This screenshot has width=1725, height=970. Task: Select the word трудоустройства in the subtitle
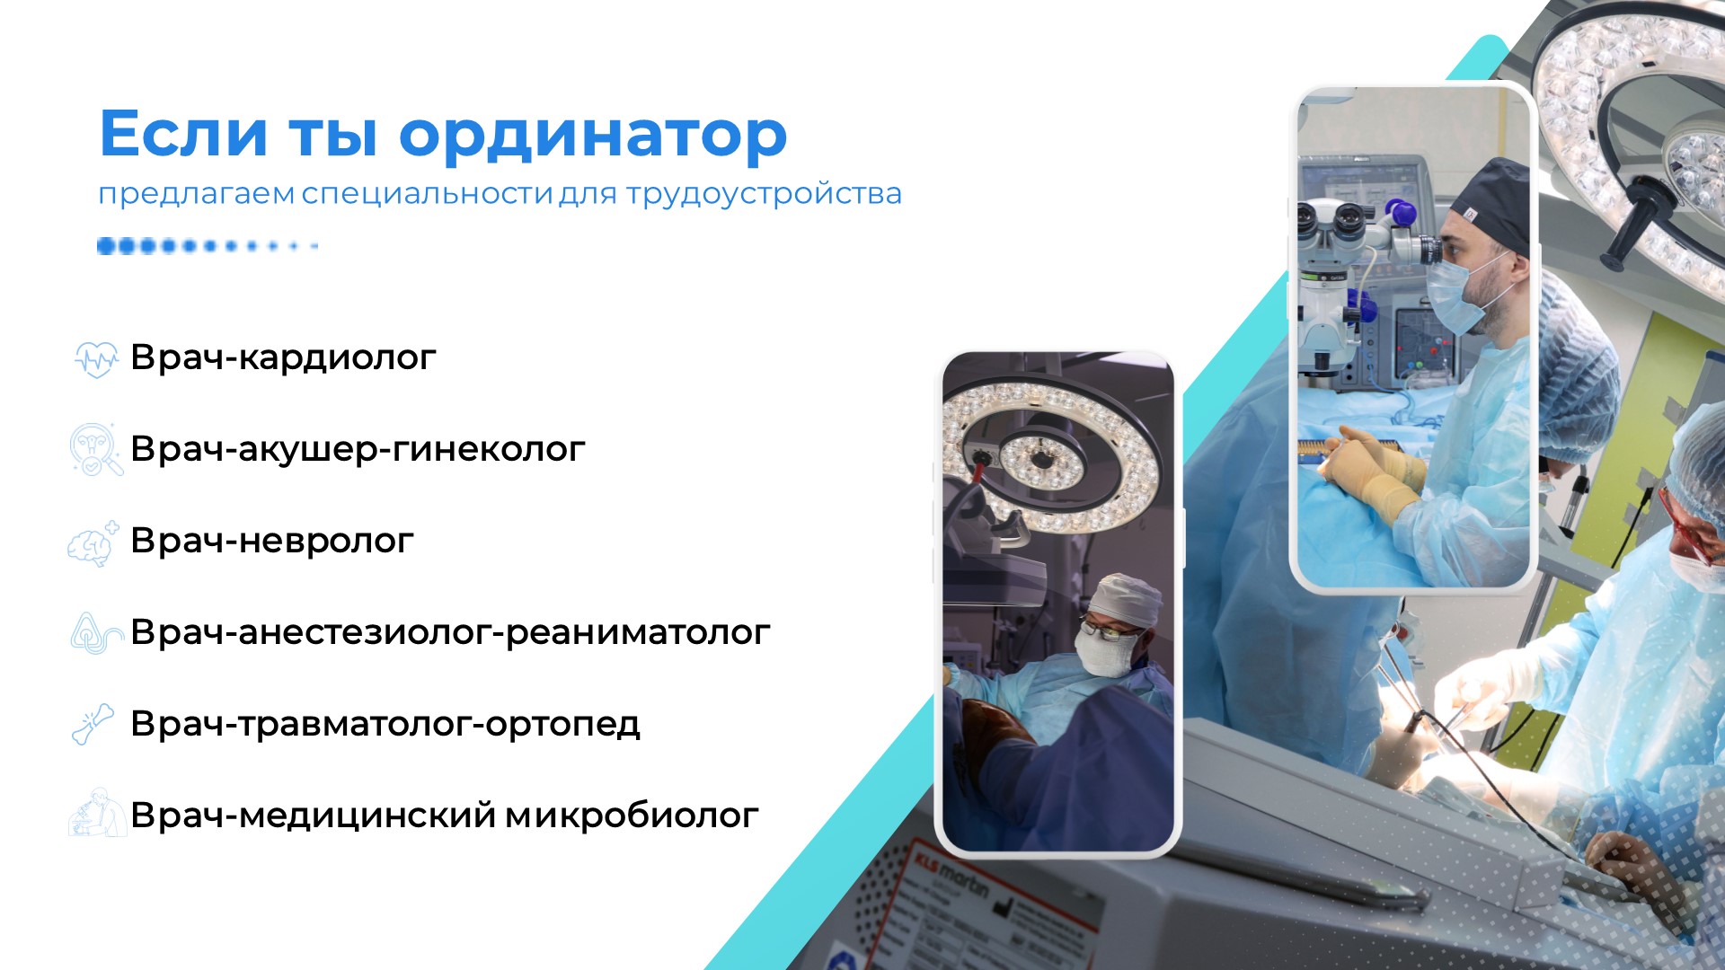764,195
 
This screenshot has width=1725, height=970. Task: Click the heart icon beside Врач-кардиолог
95,358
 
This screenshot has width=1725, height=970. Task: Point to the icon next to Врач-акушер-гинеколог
95,449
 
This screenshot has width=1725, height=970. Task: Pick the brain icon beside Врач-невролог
93,543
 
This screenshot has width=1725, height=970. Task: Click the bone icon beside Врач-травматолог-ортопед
93,724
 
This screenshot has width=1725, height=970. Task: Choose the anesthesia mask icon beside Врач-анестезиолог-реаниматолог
95,632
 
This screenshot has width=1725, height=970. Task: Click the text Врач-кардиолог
283,358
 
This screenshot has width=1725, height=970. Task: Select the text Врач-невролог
272,541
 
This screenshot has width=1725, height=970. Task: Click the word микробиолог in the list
632,816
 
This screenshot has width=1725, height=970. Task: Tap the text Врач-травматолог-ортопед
385,724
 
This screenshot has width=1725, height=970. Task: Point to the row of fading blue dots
207,246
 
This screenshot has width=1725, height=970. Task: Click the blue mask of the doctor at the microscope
1460,295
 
